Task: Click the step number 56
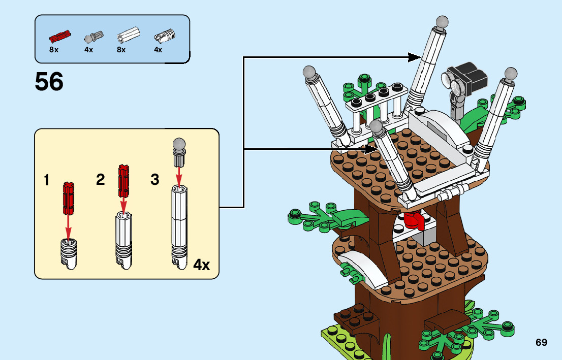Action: (49, 82)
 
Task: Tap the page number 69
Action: (541, 342)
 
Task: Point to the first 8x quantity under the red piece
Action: (54, 50)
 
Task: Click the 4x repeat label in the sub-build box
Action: (202, 265)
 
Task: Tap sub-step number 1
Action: (47, 180)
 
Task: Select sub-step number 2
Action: (101, 179)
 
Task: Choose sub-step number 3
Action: (155, 179)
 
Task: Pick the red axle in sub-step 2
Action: (123, 180)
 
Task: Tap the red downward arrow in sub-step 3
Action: (178, 177)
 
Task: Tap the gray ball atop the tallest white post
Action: (442, 22)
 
